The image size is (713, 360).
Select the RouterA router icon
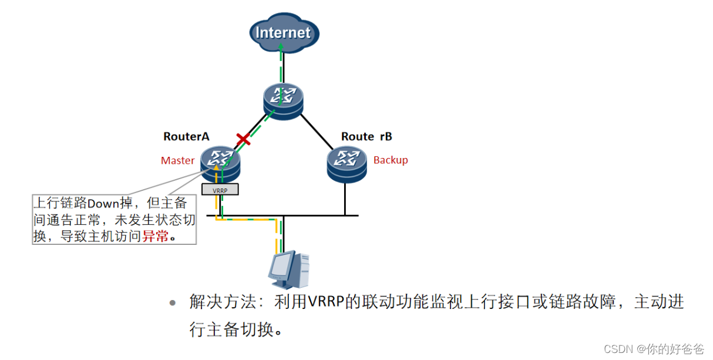click(x=220, y=163)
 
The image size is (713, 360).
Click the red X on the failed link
click(x=243, y=140)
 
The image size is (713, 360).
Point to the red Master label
click(x=177, y=160)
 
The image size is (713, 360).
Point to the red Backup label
click(x=391, y=160)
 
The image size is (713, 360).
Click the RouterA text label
click(x=186, y=136)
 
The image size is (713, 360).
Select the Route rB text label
click(x=366, y=136)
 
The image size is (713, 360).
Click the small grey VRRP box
click(x=220, y=190)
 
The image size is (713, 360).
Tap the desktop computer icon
click(x=288, y=270)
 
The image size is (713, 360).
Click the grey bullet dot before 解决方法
click(x=172, y=304)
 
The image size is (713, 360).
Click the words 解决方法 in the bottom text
click(x=223, y=302)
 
